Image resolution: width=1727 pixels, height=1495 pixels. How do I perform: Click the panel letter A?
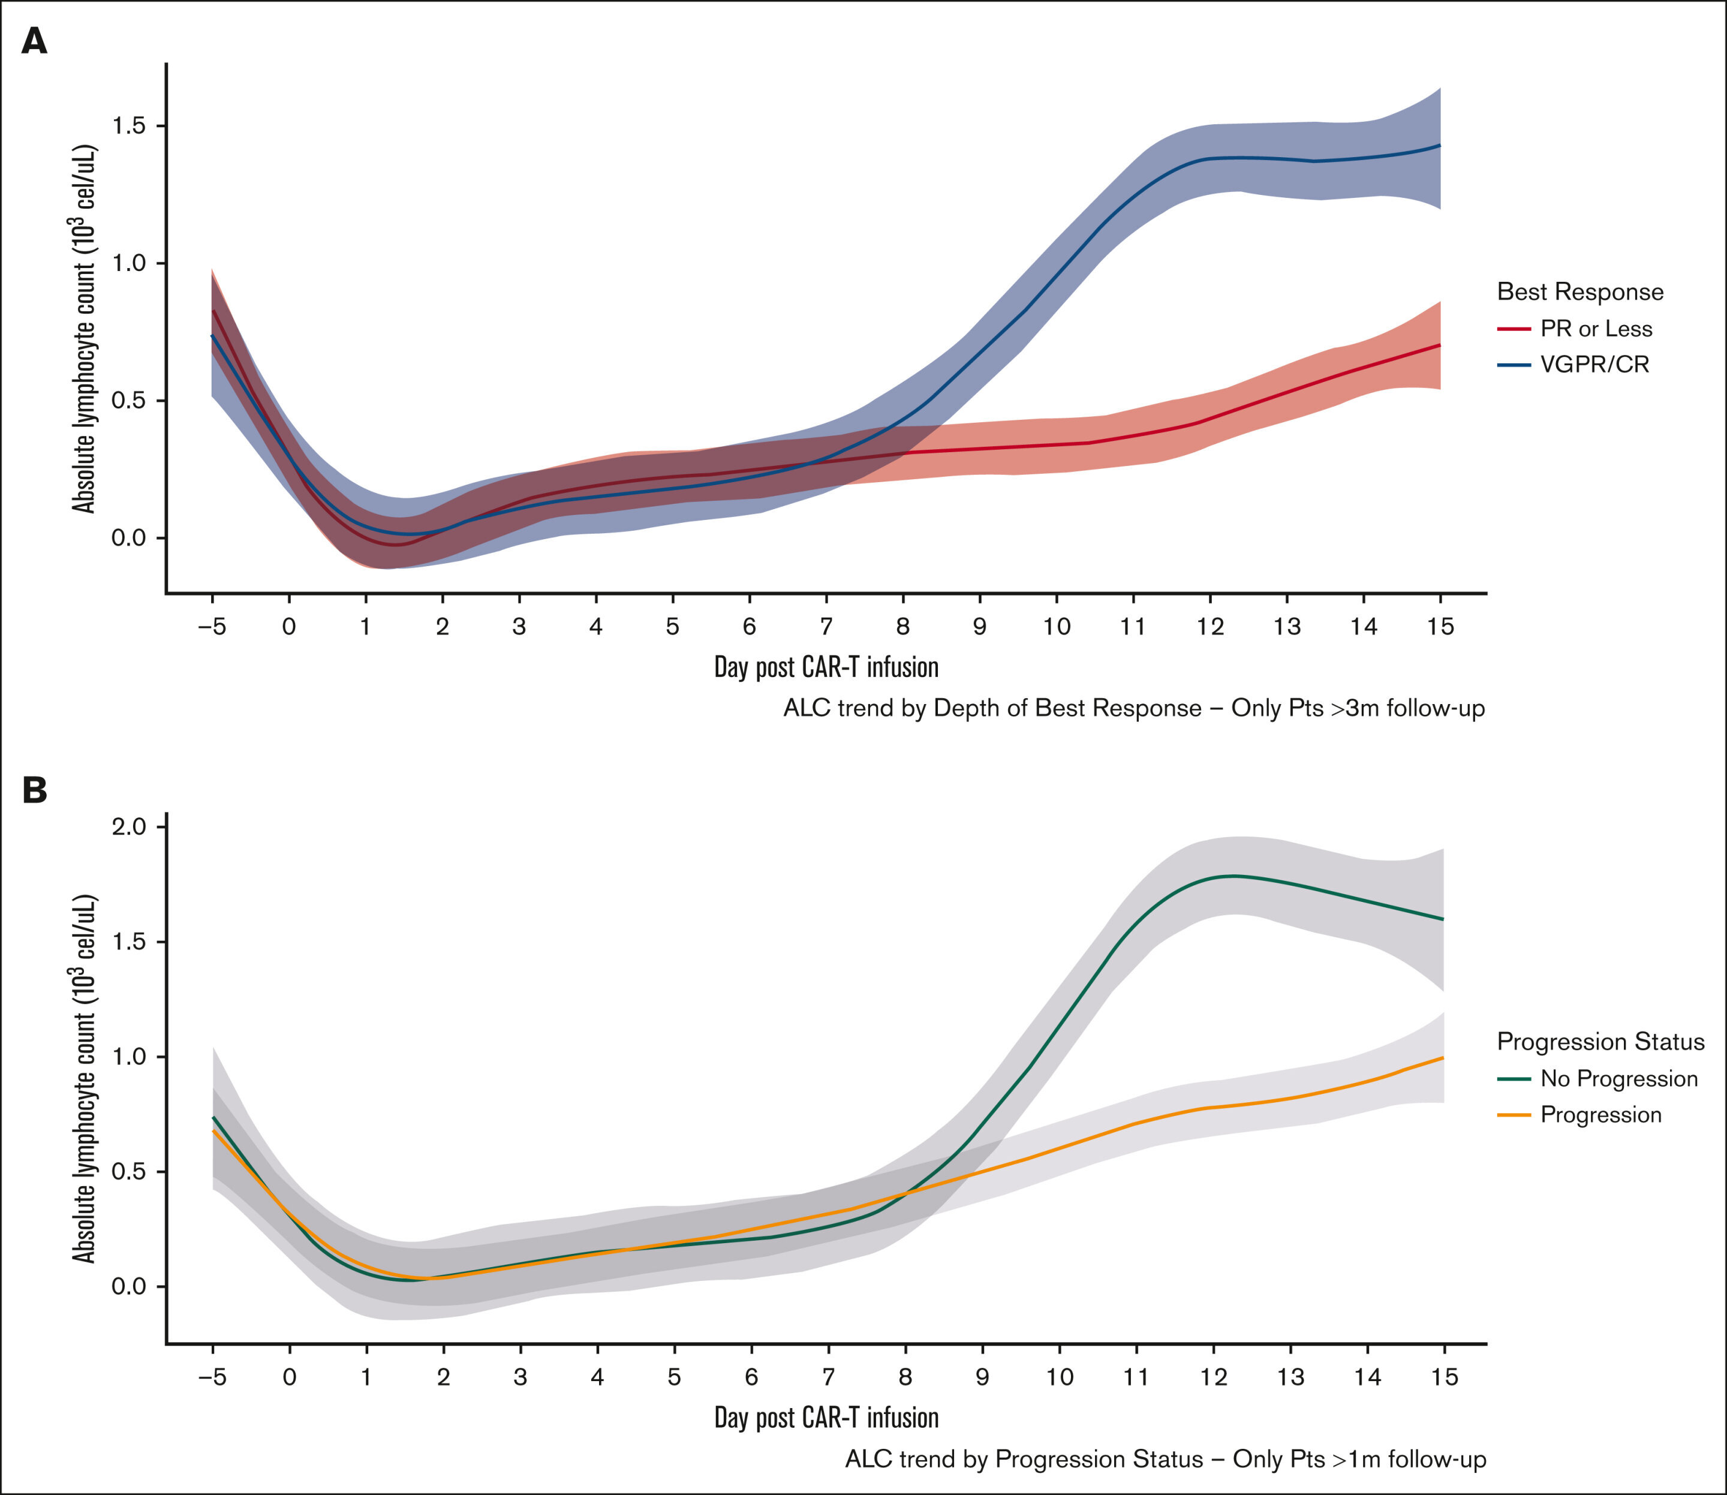[x=34, y=41]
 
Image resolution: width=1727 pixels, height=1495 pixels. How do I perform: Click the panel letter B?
[x=34, y=790]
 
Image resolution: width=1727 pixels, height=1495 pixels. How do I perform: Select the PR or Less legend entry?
[x=1595, y=329]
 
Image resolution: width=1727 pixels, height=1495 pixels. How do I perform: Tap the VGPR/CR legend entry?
[x=1593, y=365]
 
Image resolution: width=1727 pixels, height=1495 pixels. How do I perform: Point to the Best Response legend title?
[x=1580, y=292]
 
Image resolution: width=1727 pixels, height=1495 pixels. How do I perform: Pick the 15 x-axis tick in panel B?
[x=1444, y=1376]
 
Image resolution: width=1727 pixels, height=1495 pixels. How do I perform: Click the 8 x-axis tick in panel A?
[x=902, y=627]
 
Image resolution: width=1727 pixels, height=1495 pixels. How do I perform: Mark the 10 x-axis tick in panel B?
[x=1060, y=1376]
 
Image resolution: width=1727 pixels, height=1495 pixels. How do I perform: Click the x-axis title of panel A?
[x=826, y=667]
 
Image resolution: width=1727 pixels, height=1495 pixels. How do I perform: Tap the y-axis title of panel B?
[x=83, y=1078]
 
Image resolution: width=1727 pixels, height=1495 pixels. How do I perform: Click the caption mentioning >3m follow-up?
[x=1134, y=708]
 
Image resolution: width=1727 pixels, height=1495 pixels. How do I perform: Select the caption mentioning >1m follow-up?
[x=1166, y=1458]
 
